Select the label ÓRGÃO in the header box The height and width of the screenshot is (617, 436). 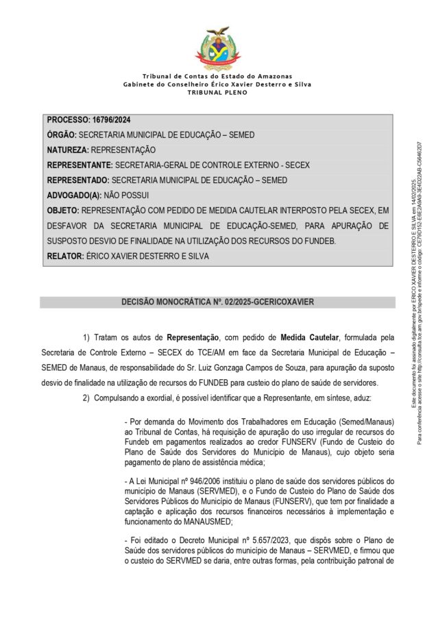(x=61, y=135)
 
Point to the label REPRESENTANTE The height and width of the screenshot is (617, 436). (x=79, y=165)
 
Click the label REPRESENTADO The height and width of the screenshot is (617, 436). (x=77, y=180)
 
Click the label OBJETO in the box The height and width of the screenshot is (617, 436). (x=62, y=210)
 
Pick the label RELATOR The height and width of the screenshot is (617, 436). (x=64, y=256)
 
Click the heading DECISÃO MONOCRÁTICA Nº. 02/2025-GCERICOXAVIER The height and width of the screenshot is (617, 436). (x=217, y=302)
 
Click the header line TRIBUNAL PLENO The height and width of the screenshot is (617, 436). (x=217, y=92)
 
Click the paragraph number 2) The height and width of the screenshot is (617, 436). (x=87, y=399)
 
